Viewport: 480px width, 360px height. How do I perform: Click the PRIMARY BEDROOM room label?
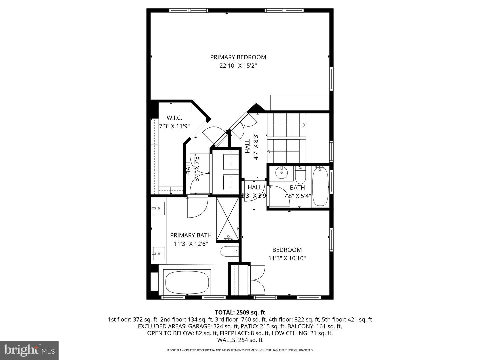pos(238,57)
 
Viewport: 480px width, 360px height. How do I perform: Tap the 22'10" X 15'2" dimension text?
pos(238,66)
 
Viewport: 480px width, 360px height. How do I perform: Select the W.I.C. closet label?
pos(174,118)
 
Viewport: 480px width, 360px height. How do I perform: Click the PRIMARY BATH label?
pos(191,235)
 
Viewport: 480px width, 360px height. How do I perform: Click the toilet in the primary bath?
pos(229,251)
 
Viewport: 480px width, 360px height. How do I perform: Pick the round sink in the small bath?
pos(282,173)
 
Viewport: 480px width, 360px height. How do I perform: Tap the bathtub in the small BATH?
pos(320,186)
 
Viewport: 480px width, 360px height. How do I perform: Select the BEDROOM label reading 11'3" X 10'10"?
pos(287,254)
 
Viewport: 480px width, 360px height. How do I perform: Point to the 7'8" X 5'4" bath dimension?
pos(297,196)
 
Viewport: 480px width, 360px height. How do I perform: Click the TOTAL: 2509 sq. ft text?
pos(240,312)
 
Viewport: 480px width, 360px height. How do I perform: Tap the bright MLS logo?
pos(29,350)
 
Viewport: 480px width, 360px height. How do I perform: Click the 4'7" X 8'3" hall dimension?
pos(256,147)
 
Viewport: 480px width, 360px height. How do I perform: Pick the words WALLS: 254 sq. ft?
pos(240,340)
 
